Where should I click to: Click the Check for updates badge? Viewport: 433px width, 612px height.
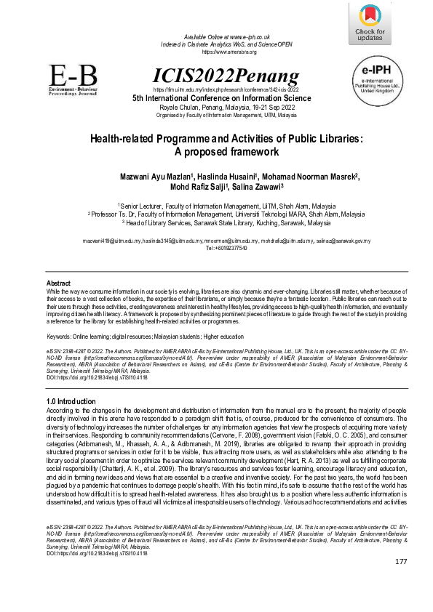[x=370, y=24]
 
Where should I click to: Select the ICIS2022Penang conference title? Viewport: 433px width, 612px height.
[x=226, y=76]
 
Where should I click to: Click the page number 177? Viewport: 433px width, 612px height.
[x=401, y=583]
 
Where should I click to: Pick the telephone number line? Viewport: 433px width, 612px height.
[x=226, y=248]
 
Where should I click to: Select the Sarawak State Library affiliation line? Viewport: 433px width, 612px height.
[x=226, y=223]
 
